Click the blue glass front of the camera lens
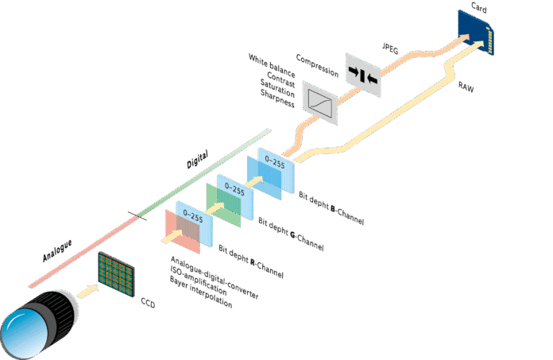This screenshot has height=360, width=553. point(21,331)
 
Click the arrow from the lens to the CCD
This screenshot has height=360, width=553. point(87,291)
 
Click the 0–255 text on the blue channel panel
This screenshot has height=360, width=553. point(275,162)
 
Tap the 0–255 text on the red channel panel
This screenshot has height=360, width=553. point(191,214)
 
